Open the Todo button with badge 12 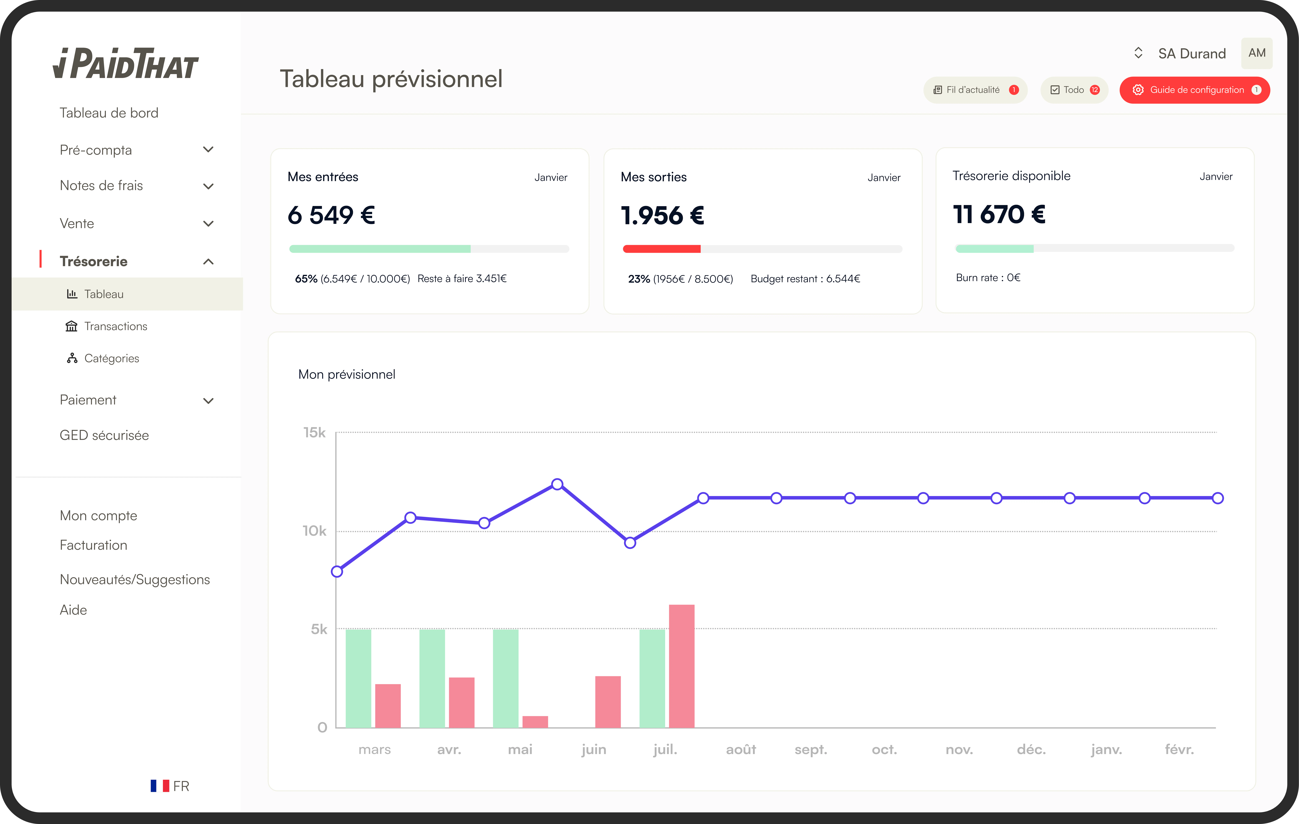(1074, 90)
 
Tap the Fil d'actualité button (975, 90)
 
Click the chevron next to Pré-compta (208, 149)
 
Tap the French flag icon (160, 786)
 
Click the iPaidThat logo (126, 63)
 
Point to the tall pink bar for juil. (681, 666)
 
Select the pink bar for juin (608, 702)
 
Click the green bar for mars (358, 678)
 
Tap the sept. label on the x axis (810, 750)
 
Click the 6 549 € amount (331, 215)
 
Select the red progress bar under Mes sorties (661, 249)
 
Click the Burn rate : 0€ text (988, 277)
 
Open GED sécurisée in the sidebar (104, 435)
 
